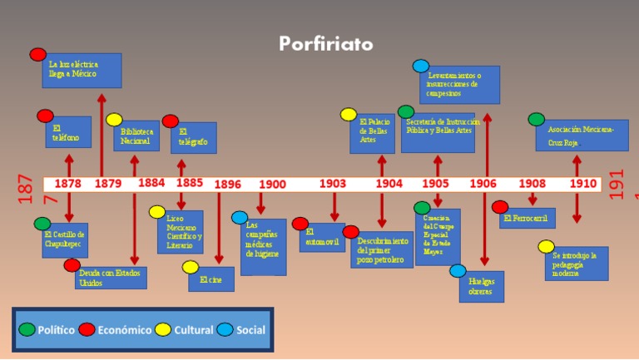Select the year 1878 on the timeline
tap(68, 184)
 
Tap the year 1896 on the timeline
tap(228, 185)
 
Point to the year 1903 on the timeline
tap(333, 184)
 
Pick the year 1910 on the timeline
tap(582, 184)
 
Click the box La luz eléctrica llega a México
tap(82, 71)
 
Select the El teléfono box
tap(68, 132)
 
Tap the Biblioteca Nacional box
tap(136, 136)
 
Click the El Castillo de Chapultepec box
tap(65, 241)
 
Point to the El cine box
tap(211, 279)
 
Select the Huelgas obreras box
tap(481, 287)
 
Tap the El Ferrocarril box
tap(528, 218)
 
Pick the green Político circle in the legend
tap(27, 329)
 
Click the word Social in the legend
tap(250, 330)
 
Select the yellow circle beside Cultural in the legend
tap(163, 329)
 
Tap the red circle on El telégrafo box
tap(171, 121)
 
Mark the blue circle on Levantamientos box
tap(421, 66)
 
